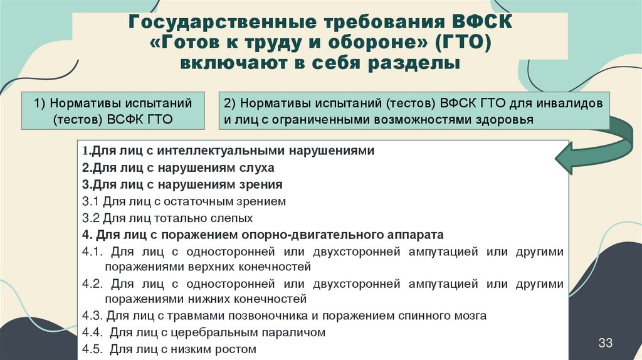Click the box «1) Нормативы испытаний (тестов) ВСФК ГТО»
pyautogui.click(x=112, y=110)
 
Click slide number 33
pyautogui.click(x=606, y=342)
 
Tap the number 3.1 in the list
pyautogui.click(x=90, y=202)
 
